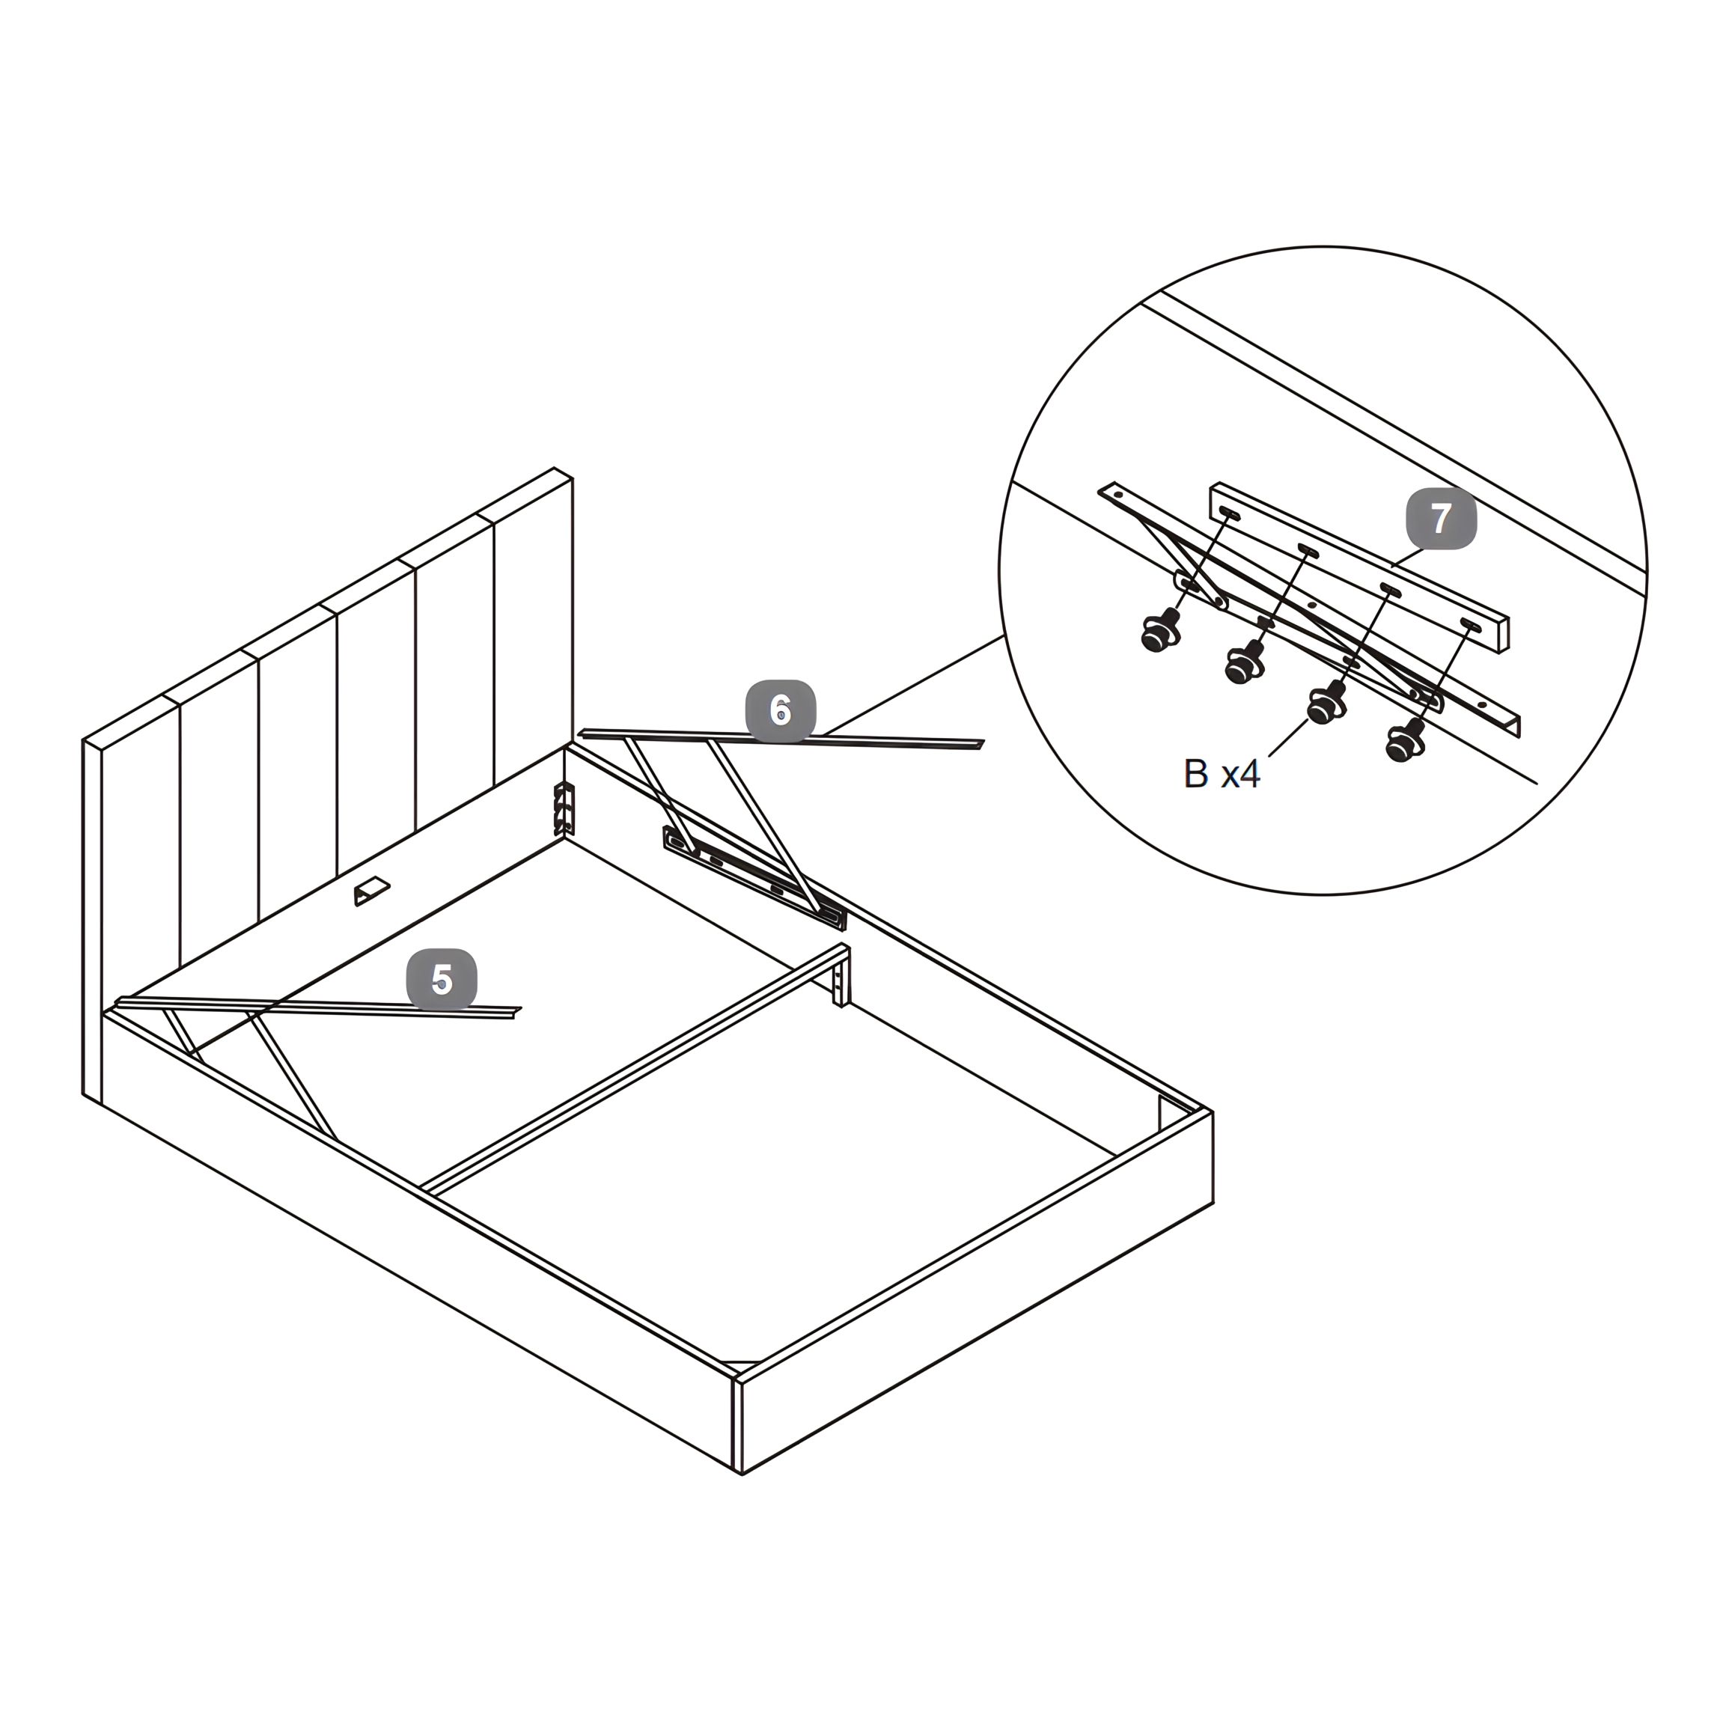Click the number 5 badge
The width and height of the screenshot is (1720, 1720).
(442, 979)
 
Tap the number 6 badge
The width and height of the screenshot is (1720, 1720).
(781, 710)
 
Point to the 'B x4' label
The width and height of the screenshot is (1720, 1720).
(1222, 775)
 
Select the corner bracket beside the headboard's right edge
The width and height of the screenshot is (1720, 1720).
(564, 808)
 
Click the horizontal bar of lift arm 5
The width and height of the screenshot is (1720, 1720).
(319, 1007)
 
